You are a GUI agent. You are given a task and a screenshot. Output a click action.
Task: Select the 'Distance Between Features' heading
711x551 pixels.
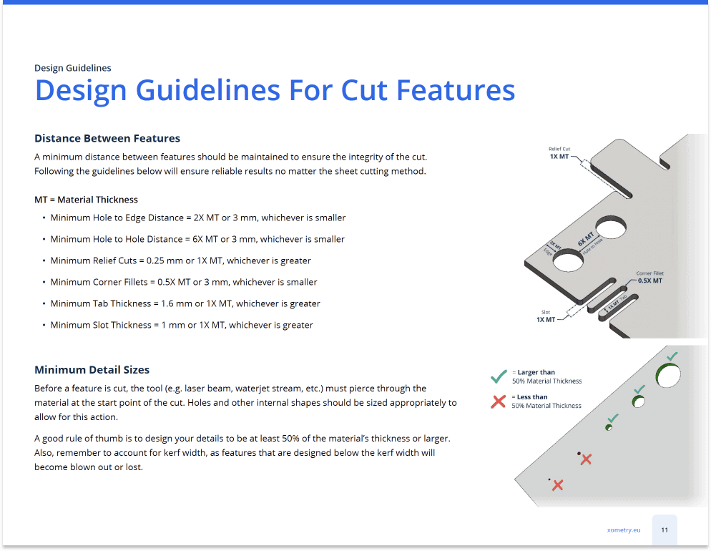tap(107, 138)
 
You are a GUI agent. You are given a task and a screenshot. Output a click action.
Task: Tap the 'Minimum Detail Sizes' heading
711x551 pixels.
tap(92, 370)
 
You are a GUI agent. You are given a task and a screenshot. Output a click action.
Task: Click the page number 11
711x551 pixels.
tap(665, 530)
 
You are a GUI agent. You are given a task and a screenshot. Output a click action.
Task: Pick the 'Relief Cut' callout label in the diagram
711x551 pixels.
tap(560, 149)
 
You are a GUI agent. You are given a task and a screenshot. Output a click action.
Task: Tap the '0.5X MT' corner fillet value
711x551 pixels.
tap(649, 281)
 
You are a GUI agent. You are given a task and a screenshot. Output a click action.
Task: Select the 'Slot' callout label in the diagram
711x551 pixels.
tap(545, 312)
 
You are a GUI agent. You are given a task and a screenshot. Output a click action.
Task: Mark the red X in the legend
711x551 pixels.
tap(499, 401)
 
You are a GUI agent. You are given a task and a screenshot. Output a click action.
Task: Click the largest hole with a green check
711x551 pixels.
tap(668, 374)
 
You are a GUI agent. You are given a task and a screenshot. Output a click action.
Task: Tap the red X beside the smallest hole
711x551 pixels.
tap(558, 485)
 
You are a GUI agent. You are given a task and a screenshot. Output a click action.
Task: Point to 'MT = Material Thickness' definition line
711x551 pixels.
tap(87, 200)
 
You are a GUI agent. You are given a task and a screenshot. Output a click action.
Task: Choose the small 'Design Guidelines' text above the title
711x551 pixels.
tap(73, 68)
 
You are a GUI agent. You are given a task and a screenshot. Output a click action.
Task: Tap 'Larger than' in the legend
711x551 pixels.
tap(537, 372)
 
